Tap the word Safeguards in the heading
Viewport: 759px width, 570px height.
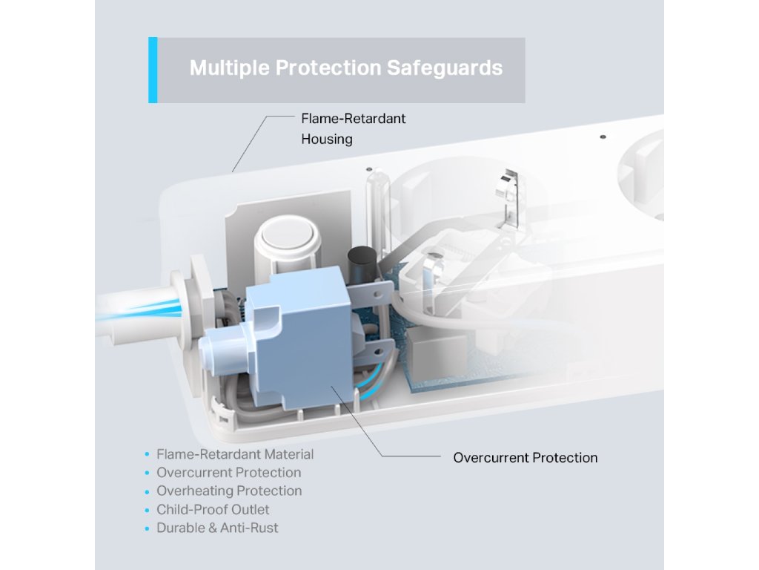(444, 68)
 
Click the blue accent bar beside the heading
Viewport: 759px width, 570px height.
(153, 70)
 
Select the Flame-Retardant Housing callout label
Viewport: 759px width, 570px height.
(353, 128)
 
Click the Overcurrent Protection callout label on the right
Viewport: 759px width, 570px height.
(525, 458)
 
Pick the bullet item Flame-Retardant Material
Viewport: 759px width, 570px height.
(235, 454)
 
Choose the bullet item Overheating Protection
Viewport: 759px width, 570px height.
(229, 491)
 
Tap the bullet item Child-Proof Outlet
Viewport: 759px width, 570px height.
(213, 509)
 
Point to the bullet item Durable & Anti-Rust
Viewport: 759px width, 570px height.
(217, 528)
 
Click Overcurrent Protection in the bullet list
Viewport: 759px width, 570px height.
(229, 472)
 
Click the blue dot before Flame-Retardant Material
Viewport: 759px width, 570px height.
(148, 454)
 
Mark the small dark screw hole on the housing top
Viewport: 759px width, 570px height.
(602, 137)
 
